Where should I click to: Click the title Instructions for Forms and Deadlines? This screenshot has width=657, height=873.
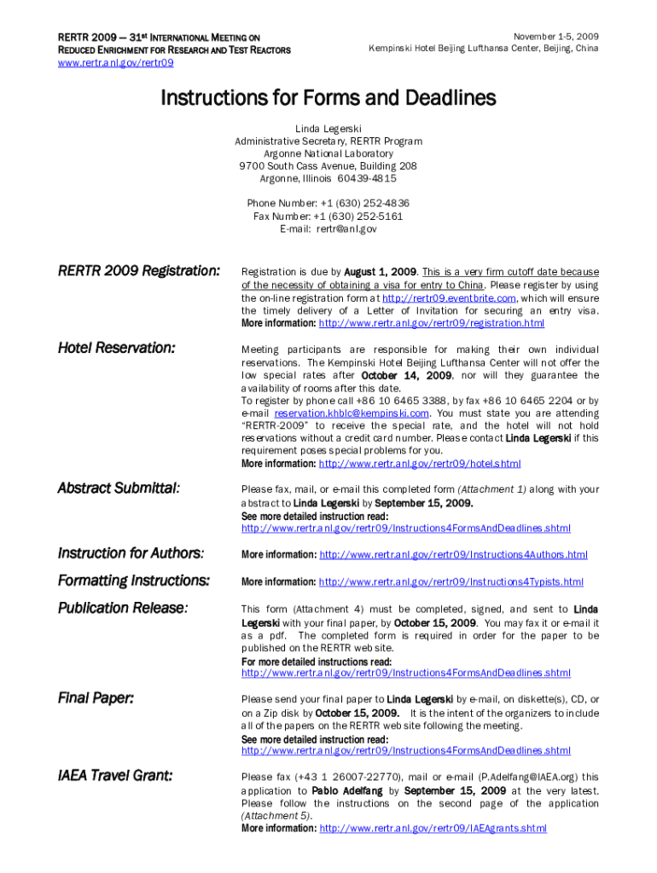328,99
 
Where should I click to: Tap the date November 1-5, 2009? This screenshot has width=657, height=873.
555,37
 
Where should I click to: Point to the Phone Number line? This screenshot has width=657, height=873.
328,203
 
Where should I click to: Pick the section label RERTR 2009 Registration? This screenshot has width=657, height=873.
139,271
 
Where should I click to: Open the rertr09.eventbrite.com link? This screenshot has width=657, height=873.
448,298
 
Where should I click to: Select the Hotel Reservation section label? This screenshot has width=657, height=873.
117,348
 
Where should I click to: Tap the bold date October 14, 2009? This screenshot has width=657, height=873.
406,375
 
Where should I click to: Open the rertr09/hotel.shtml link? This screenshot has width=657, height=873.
419,464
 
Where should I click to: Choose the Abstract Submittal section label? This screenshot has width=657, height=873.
119,489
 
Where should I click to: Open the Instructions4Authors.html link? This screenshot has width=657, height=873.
453,555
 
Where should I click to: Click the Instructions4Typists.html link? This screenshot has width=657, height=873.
451,582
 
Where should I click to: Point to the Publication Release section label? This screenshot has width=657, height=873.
122,609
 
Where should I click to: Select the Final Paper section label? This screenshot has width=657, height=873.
96,699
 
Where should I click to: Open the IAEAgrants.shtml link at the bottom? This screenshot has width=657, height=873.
433,828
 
